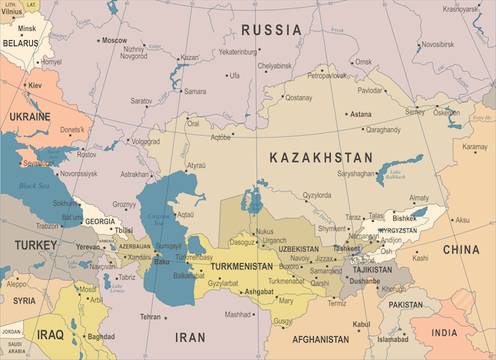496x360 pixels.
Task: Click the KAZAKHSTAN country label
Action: pos(321,158)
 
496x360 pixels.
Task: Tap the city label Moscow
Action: pos(114,41)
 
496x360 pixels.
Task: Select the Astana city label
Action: pos(360,114)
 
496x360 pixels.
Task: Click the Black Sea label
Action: pos(34,186)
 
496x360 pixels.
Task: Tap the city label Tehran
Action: pos(150,317)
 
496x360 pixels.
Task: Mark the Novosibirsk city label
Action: pos(437,45)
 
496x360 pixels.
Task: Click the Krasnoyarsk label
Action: pos(460,9)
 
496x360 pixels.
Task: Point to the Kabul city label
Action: pos(361,324)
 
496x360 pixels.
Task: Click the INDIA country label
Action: pos(444,333)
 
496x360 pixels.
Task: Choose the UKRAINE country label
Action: pos(30,117)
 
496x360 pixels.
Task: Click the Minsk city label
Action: pos(27,29)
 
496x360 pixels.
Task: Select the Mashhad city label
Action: pos(237,315)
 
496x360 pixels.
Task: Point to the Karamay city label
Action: pos(475,147)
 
